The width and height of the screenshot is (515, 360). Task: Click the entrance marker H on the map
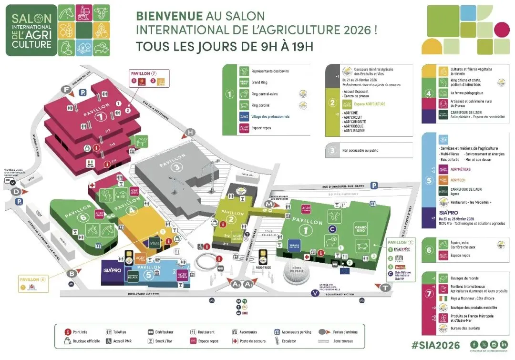(x=191, y=132)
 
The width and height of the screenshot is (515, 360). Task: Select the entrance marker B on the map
(x=72, y=273)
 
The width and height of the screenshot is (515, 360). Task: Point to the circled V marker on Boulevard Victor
(x=315, y=293)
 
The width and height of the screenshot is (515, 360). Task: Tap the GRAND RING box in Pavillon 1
(x=360, y=229)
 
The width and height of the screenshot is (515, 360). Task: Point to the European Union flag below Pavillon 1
(x=345, y=271)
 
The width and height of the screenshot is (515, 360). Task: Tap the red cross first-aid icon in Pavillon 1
(x=307, y=257)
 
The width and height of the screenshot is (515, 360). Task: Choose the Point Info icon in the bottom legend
(x=70, y=332)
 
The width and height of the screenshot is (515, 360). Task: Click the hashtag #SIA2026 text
(x=436, y=345)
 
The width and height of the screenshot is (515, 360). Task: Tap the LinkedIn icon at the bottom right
(x=504, y=344)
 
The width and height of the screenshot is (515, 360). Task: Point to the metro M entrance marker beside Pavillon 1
(x=269, y=204)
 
